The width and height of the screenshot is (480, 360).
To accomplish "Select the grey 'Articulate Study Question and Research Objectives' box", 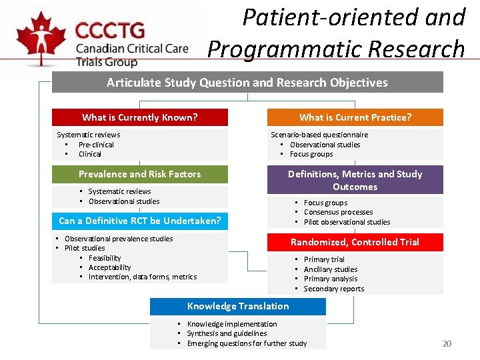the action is [x=247, y=82].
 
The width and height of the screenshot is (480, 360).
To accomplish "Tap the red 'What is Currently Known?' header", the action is [x=140, y=117].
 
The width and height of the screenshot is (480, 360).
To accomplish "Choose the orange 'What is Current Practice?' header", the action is [x=355, y=117].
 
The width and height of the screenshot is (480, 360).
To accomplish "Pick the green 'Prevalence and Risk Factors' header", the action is [x=140, y=174].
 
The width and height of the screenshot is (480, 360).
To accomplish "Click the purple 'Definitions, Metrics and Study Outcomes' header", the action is [x=355, y=180].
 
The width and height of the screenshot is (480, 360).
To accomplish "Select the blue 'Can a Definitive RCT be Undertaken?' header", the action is [x=140, y=221].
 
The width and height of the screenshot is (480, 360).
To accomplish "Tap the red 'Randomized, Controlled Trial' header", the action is [x=355, y=242].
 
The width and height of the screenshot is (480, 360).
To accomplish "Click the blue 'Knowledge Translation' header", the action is [x=238, y=306].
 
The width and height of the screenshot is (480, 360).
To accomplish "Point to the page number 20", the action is [x=447, y=343].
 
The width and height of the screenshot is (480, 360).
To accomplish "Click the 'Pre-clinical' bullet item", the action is [x=96, y=145].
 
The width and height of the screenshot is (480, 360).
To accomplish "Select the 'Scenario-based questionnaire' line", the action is [x=319, y=135].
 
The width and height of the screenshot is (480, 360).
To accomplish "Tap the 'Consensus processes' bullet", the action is [x=338, y=212].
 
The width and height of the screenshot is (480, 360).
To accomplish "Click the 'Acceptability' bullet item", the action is [x=110, y=267].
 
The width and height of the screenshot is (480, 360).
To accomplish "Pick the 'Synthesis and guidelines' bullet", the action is [x=227, y=333].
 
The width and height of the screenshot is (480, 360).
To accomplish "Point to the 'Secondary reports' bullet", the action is [x=334, y=289].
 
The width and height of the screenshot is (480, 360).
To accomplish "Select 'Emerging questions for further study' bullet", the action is [x=247, y=343].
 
